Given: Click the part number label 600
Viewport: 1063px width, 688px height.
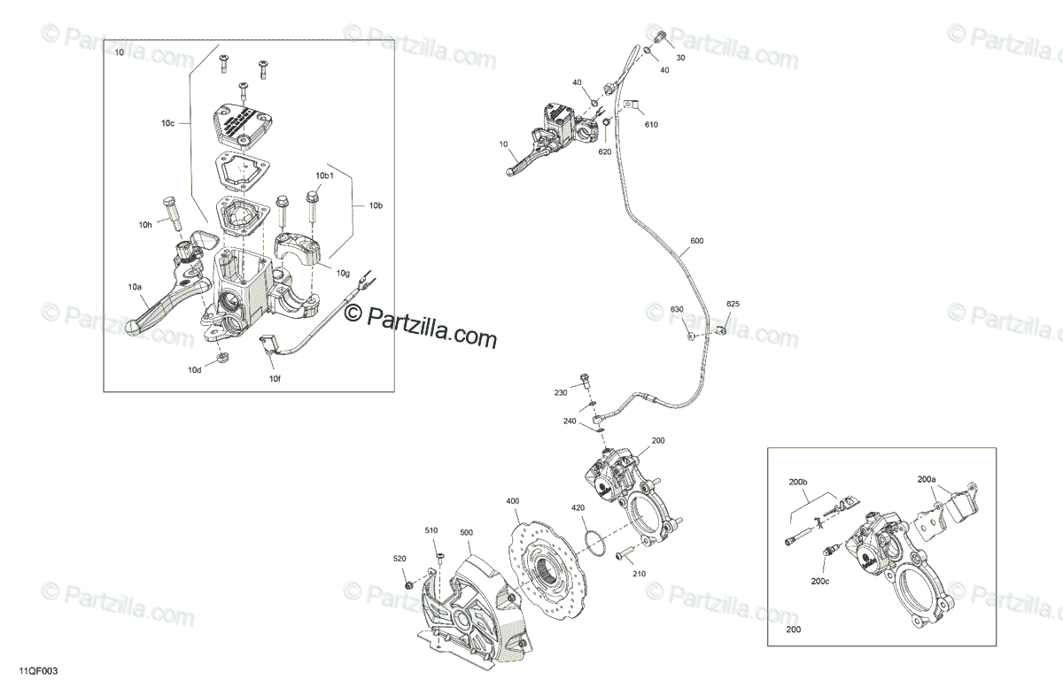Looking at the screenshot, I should coord(696,242).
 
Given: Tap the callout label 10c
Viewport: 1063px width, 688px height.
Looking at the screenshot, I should coord(167,124).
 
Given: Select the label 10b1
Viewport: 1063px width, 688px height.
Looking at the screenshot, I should coord(325,176).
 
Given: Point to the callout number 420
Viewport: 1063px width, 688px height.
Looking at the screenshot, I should coord(578,507).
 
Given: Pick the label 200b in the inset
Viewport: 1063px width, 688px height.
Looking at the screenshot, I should coord(799,483).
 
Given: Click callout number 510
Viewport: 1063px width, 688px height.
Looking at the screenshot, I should coord(431,530).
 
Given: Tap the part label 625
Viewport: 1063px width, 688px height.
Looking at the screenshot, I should coord(733,305).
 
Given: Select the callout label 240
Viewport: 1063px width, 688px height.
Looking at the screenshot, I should coord(570,421).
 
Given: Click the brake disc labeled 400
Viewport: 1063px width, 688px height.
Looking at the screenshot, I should coord(541,564).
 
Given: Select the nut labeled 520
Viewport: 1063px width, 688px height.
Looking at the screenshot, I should coord(408,585).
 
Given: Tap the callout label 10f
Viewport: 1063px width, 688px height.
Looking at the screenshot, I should coord(275,378).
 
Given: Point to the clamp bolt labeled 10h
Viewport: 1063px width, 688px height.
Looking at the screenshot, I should coord(171,208).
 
